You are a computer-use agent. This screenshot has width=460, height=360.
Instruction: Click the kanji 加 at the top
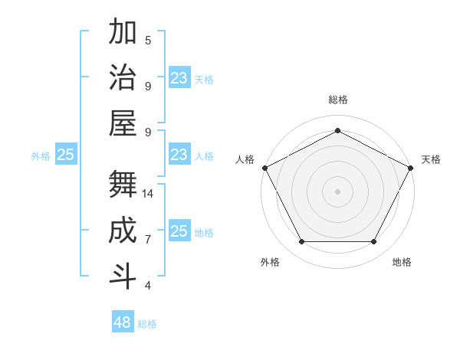[x=123, y=33]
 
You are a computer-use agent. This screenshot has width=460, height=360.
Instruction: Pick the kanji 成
[x=123, y=231]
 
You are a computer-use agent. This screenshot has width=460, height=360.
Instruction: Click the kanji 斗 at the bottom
[x=123, y=276]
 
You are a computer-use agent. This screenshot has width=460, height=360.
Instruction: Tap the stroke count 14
[x=148, y=194]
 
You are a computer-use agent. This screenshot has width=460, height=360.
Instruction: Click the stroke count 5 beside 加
[x=148, y=41]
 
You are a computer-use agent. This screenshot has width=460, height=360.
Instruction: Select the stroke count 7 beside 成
[x=148, y=240]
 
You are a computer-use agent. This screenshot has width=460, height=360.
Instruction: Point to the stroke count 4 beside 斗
[x=148, y=286]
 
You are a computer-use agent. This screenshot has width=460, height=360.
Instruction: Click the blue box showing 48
[x=123, y=322]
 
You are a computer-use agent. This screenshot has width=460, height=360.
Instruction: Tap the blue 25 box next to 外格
[x=65, y=155]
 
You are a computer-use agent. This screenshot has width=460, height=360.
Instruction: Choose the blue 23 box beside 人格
[x=179, y=155]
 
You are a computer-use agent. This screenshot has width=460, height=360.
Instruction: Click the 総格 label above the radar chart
[x=337, y=100]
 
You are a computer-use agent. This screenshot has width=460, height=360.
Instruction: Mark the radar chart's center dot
[x=337, y=191]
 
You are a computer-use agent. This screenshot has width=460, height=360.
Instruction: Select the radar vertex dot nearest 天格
[x=412, y=167]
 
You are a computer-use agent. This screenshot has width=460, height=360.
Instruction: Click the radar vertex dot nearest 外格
[x=301, y=242]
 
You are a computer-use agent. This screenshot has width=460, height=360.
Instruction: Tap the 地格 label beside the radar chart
[x=402, y=262]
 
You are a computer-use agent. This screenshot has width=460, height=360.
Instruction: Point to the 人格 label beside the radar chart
[x=245, y=159]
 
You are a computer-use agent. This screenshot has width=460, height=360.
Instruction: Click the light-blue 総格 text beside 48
[x=147, y=324]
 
